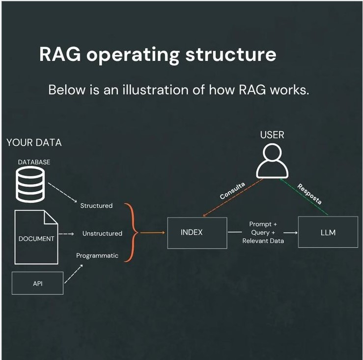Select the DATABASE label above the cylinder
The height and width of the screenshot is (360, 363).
coord(34,162)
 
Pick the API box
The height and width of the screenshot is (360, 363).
coord(37,283)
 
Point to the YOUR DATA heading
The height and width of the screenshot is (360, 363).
coord(34,142)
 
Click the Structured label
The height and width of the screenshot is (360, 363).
coord(96,206)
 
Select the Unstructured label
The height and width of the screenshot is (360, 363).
coord(102,233)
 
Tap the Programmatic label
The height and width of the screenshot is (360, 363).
coord(97,255)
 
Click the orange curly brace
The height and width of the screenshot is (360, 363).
coord(130,232)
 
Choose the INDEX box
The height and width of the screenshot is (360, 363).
coord(197,232)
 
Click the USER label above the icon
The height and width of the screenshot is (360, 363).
coord(272,135)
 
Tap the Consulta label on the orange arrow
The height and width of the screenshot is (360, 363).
coord(232,190)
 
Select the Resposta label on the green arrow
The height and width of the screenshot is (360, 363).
coord(309,194)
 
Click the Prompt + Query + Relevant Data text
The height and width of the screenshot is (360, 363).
coord(263,232)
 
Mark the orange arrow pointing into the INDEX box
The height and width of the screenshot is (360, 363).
coord(152,232)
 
